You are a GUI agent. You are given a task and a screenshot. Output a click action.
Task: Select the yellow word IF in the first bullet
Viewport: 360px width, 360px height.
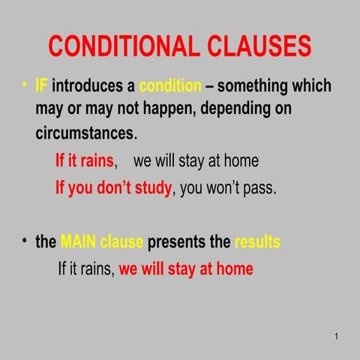tap(42, 85)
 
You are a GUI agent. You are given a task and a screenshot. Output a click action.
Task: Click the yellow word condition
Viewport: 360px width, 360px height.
tap(170, 85)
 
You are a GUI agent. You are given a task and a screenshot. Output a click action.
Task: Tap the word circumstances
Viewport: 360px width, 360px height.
tap(85, 134)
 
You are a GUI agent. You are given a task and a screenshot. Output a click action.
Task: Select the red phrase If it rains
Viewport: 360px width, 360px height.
tap(85, 161)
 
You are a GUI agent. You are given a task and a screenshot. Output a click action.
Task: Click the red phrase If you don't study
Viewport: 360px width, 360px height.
tap(113, 187)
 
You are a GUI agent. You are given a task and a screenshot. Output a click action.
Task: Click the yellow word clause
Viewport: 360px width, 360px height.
tap(123, 242)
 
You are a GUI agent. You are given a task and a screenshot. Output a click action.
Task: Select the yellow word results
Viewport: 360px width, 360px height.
tap(257, 242)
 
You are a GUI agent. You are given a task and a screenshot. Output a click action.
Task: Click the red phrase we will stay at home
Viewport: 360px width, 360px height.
tap(186, 268)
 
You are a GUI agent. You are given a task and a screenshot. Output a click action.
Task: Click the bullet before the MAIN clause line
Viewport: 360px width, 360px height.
tap(25, 241)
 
